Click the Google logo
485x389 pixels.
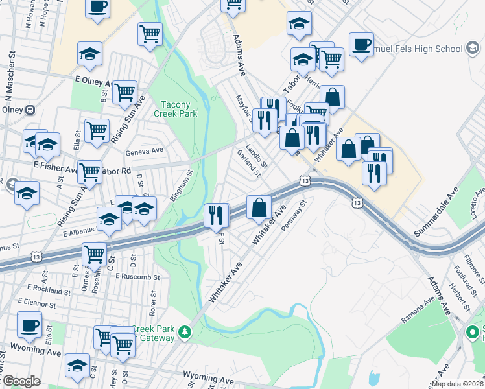tap(21, 381)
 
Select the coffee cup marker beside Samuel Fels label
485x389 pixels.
tap(361, 44)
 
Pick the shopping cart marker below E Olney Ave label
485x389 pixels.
tap(124, 91)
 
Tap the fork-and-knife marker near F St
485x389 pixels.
tap(217, 215)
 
